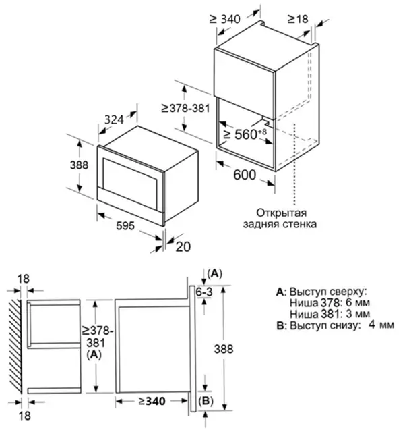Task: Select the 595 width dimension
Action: tap(124, 224)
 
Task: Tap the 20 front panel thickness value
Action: tap(183, 246)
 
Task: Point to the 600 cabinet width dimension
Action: tap(245, 175)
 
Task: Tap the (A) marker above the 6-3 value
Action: tap(214, 273)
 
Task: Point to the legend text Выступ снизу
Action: tap(319, 326)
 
